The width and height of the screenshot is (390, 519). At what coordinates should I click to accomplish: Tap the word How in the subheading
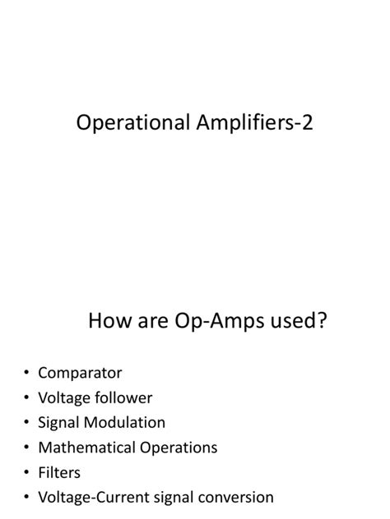(x=109, y=321)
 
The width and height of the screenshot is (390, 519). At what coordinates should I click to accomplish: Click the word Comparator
(x=80, y=373)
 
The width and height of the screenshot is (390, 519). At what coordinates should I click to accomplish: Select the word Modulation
(x=124, y=422)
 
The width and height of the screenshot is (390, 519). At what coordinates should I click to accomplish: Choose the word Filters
(x=59, y=472)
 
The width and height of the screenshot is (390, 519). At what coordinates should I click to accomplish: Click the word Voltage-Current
(x=95, y=497)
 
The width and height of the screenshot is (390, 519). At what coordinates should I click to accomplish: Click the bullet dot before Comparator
(x=26, y=374)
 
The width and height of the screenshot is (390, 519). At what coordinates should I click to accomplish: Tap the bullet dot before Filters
(x=26, y=473)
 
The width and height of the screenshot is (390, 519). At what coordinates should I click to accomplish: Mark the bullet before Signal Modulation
(x=26, y=423)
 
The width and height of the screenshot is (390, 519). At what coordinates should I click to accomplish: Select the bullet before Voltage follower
(x=26, y=398)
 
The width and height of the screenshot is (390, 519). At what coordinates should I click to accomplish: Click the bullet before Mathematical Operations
(x=26, y=448)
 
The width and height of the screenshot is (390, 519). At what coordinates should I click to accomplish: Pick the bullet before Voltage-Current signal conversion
(x=26, y=498)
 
